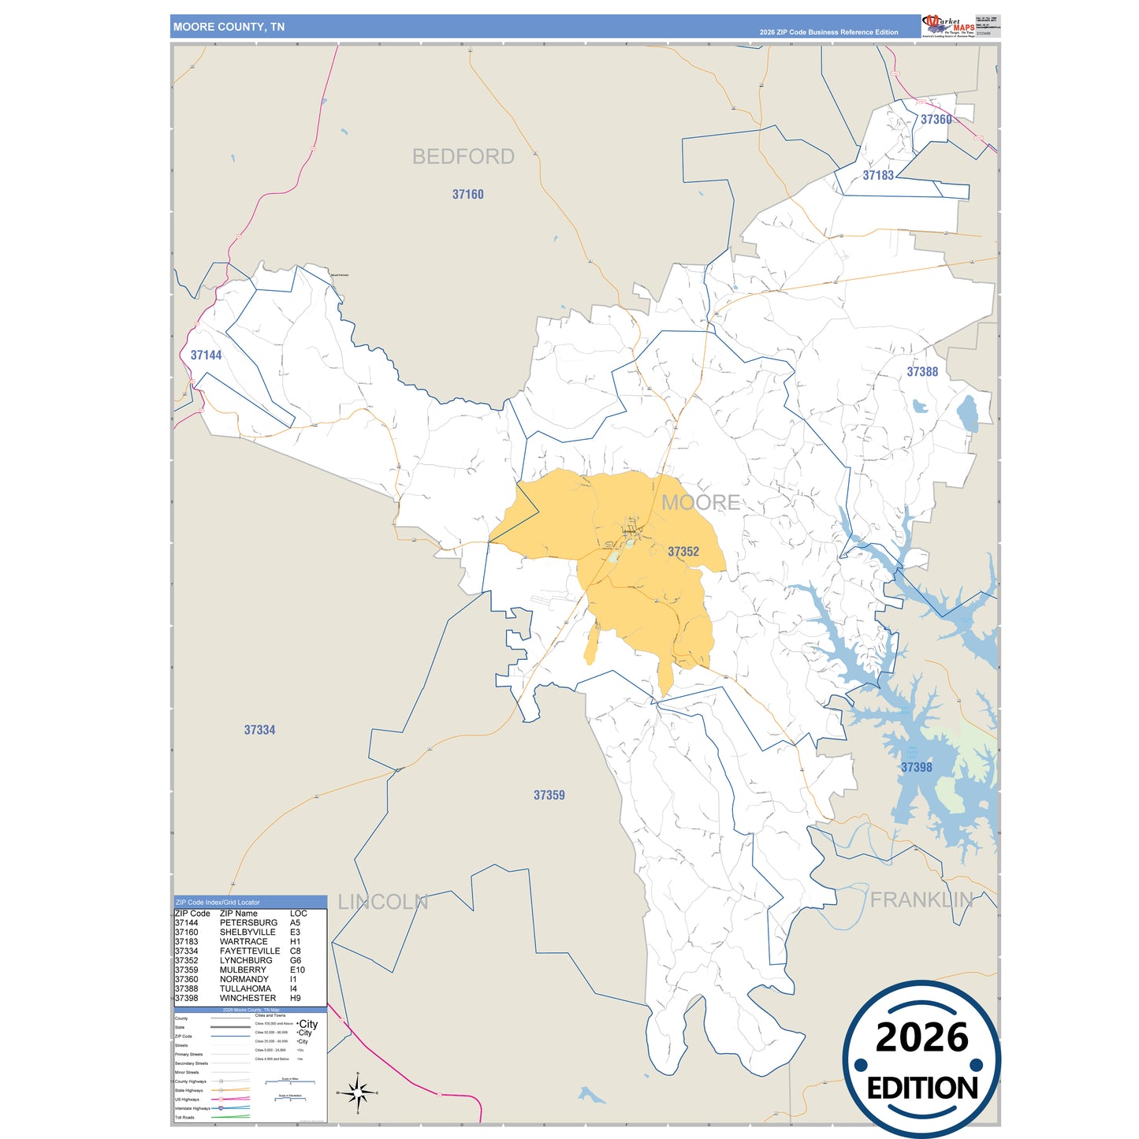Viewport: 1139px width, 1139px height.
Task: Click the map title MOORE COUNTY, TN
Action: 229,27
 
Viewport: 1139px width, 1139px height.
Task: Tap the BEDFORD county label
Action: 463,157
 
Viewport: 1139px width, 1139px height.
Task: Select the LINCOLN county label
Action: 382,903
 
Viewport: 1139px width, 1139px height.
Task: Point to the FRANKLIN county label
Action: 921,899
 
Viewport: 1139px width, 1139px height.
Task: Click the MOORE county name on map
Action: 700,503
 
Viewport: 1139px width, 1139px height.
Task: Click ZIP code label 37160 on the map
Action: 467,195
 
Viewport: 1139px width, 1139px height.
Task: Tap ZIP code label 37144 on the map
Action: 206,355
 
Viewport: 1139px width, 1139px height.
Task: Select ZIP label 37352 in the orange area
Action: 683,552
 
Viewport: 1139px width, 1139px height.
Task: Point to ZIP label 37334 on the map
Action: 259,730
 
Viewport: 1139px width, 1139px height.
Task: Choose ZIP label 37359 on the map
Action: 549,795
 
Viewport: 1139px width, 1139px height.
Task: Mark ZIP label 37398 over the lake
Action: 916,767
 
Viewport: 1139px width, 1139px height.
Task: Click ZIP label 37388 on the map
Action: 921,372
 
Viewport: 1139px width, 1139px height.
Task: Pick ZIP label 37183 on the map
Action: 877,176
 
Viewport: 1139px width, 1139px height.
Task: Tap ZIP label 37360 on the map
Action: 936,120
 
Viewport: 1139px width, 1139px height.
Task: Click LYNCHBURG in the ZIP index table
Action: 246,961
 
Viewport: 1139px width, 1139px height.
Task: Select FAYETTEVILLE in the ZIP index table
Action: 250,951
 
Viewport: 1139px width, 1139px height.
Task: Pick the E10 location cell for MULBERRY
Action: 297,970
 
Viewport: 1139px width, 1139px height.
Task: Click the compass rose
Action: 358,1093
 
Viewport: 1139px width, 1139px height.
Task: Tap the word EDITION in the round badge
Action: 921,1089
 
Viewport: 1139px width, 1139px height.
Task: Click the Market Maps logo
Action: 947,26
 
